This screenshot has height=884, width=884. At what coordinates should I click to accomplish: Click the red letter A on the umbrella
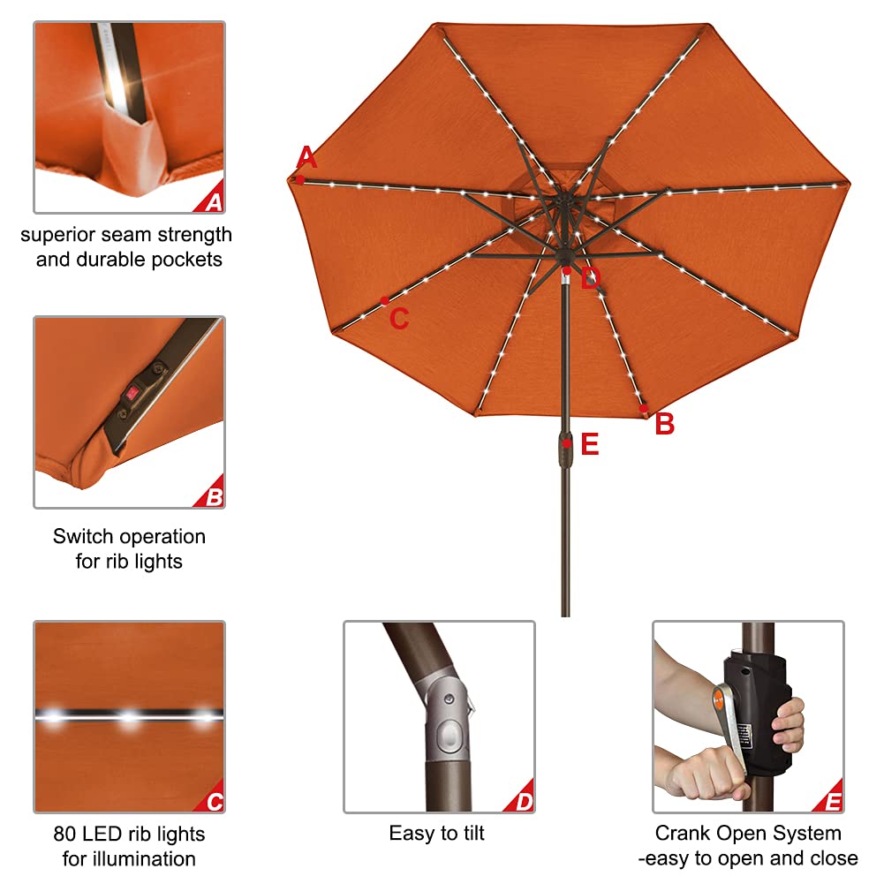(x=306, y=158)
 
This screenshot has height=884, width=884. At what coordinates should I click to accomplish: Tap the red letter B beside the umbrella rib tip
(x=664, y=425)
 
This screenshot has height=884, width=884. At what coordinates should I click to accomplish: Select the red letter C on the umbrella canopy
(x=399, y=319)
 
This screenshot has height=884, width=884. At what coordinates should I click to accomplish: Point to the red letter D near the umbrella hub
(x=590, y=280)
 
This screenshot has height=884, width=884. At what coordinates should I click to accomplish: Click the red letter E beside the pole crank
(x=590, y=444)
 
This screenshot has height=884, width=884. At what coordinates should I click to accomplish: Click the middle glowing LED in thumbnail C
(x=130, y=716)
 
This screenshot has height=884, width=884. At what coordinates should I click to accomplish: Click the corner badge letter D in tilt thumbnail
(x=524, y=803)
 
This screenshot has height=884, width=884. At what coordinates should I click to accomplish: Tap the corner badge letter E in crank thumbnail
(x=832, y=803)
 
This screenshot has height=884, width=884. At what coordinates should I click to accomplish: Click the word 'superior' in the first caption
(x=59, y=235)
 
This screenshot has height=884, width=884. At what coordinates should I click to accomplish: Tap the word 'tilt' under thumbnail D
(x=469, y=834)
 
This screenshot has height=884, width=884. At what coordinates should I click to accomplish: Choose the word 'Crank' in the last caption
(x=683, y=834)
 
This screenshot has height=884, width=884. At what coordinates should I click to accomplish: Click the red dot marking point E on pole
(x=566, y=443)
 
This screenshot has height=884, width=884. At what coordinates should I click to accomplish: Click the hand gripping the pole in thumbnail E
(x=788, y=726)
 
